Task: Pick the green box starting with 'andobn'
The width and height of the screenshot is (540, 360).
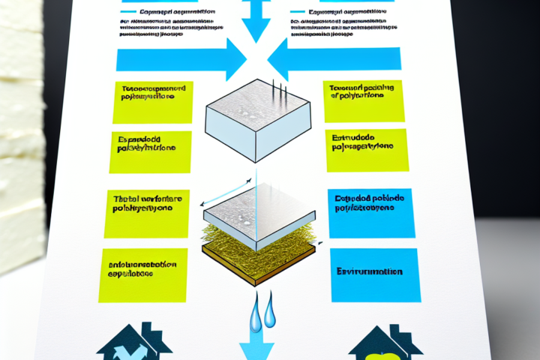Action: [x=142, y=271]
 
